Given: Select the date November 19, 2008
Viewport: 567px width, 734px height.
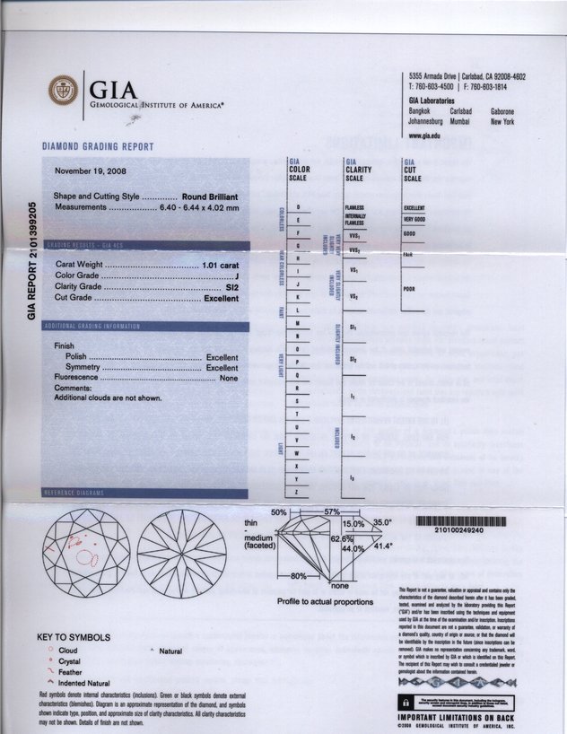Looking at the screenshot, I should pyautogui.click(x=92, y=170).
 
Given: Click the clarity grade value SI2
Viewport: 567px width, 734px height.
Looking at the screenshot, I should pyautogui.click(x=231, y=287).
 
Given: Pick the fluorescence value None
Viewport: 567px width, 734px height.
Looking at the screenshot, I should pyautogui.click(x=229, y=378).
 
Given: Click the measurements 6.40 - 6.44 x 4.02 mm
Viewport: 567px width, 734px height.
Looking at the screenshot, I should pyautogui.click(x=200, y=207).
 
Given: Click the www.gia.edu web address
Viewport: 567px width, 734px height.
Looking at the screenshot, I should pyautogui.click(x=423, y=135).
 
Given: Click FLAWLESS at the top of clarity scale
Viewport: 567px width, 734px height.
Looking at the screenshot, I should pyautogui.click(x=354, y=207).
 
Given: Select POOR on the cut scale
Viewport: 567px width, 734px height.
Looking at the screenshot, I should pyautogui.click(x=410, y=290).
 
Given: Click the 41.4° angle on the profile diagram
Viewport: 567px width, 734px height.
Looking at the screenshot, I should pyautogui.click(x=383, y=546).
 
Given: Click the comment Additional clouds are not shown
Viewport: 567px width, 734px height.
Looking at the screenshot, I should pyautogui.click(x=108, y=398).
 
